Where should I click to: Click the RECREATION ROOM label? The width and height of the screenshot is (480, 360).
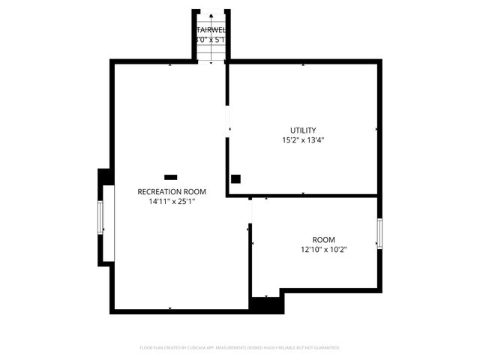coord(171,192)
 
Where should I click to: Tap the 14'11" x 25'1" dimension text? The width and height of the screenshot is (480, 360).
coord(171,201)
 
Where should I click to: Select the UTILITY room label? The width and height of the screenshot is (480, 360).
coord(303,130)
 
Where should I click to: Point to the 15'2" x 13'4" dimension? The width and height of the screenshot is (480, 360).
coord(303,139)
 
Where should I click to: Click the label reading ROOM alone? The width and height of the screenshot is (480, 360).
coord(324,240)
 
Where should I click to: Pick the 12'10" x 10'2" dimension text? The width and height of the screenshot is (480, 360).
coord(324,250)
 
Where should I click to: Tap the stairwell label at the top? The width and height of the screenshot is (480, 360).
coord(211,30)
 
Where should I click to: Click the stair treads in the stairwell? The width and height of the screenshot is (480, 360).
coord(211,49)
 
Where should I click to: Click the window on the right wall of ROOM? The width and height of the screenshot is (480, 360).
coord(379,234)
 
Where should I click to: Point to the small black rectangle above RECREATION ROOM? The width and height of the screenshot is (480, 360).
coord(170,177)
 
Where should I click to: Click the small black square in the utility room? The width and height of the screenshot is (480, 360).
coord(235,178)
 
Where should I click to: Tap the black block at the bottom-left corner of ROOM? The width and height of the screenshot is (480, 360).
coord(266,304)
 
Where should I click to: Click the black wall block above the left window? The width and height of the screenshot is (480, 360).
coord(106,176)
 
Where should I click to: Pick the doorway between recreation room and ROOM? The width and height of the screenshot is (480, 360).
coord(250,211)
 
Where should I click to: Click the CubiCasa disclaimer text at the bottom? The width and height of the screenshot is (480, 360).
coord(240,348)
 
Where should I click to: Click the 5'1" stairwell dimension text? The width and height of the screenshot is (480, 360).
coord(220,39)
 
